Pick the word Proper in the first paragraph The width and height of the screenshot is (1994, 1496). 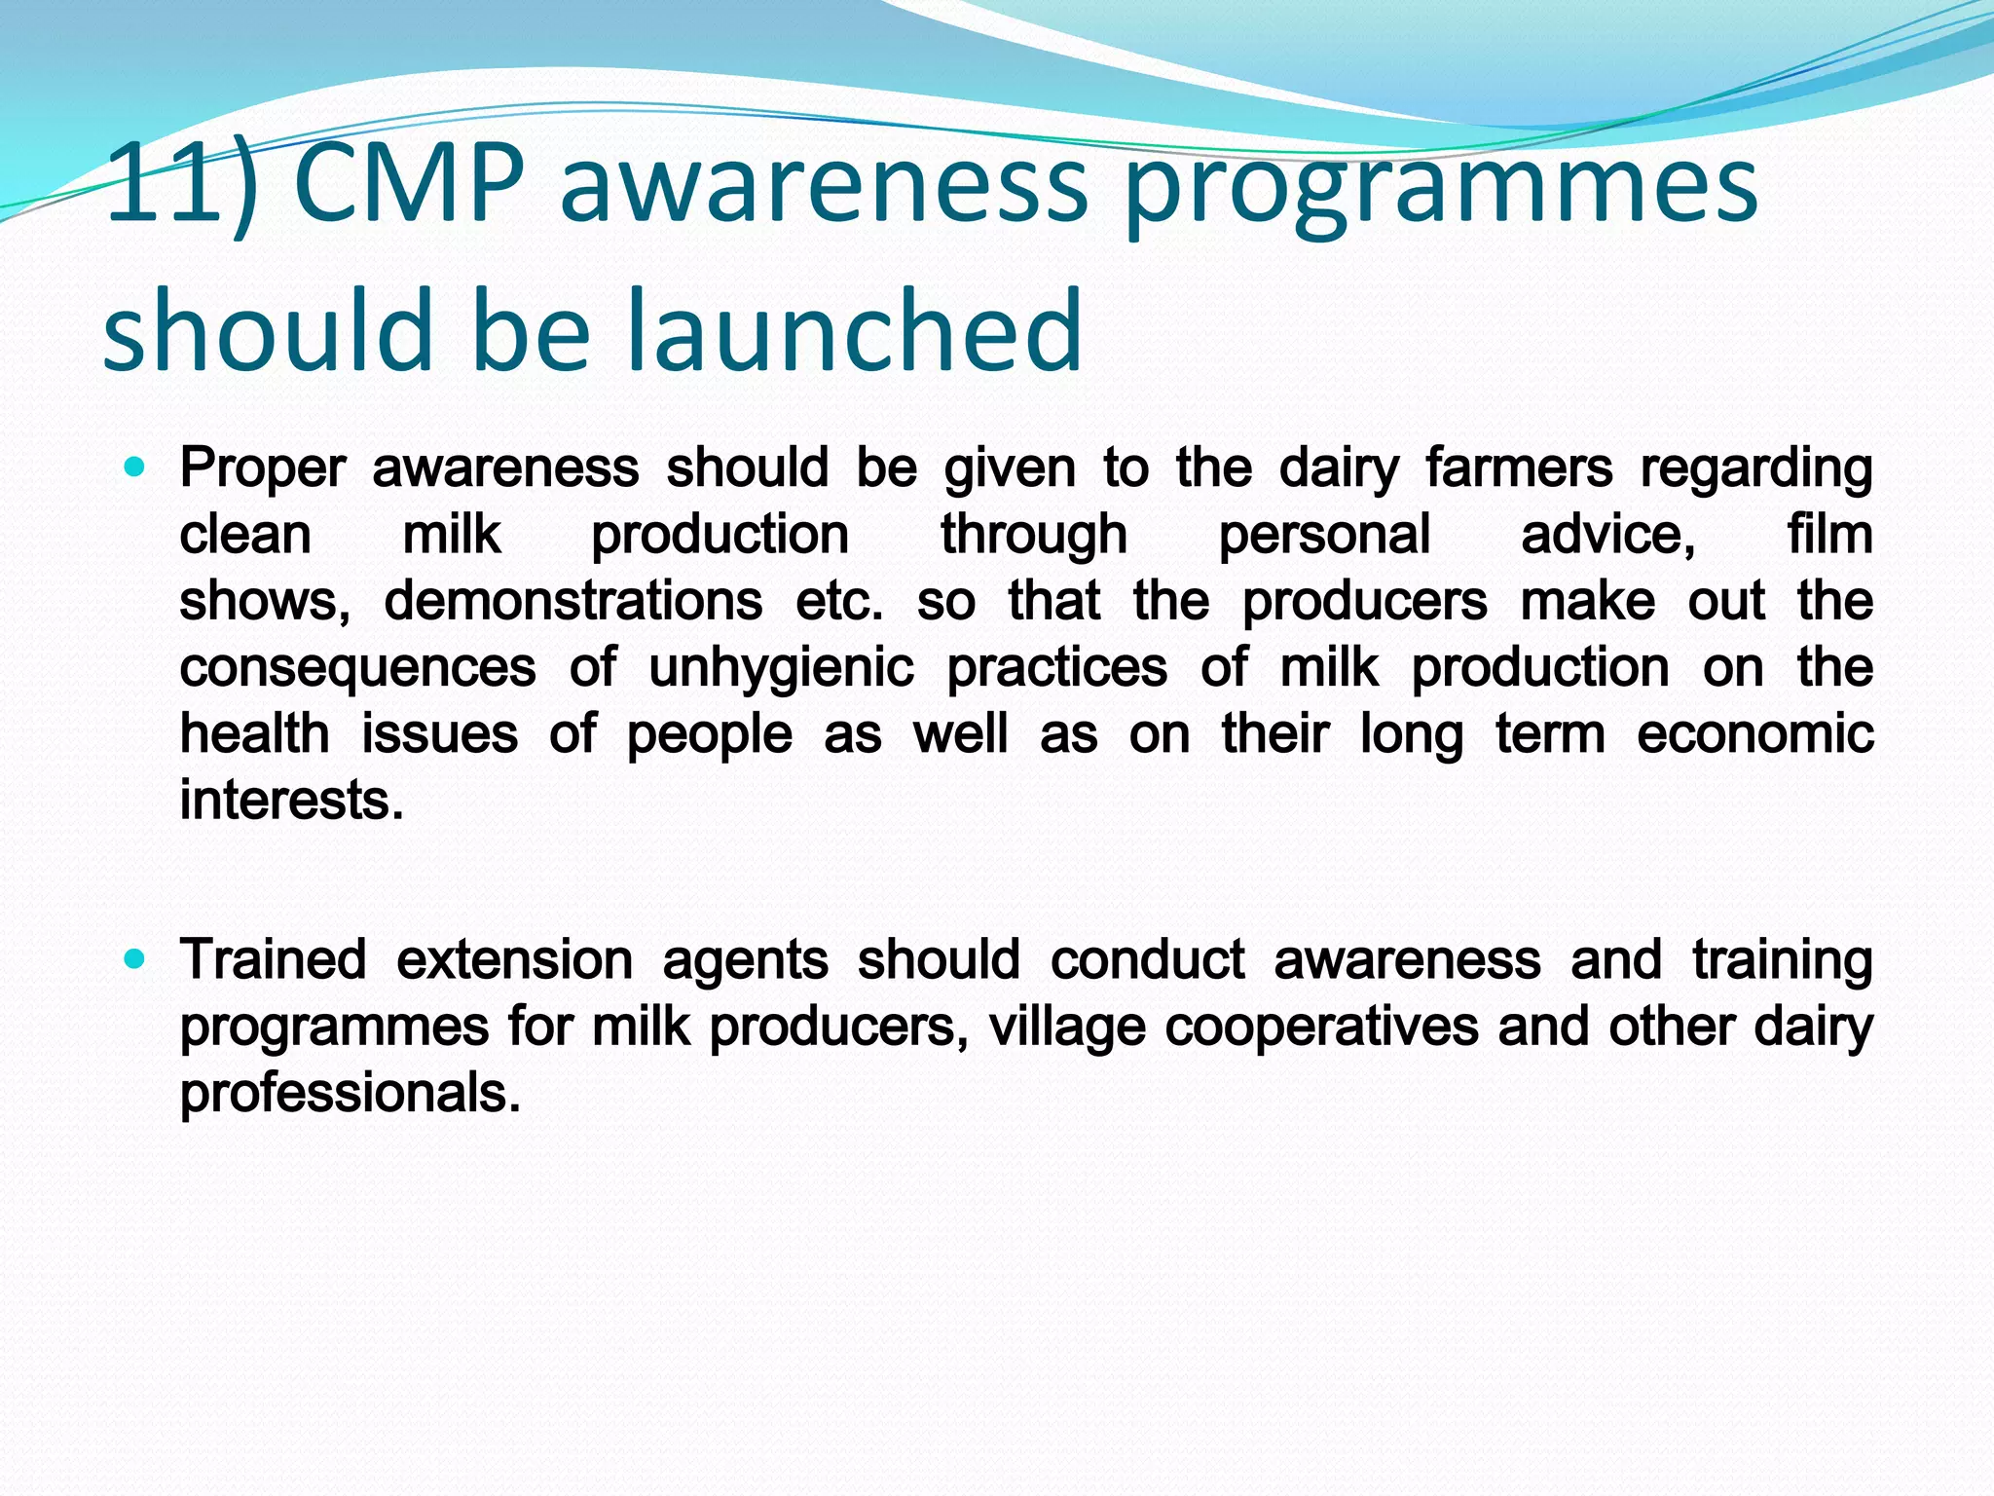click(x=263, y=468)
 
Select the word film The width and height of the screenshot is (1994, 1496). click(x=1829, y=535)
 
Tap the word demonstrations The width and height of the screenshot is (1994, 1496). click(x=572, y=601)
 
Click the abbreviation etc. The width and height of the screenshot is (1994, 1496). click(x=839, y=601)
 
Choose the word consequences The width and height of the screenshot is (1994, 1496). click(x=357, y=668)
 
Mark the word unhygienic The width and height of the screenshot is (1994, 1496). click(x=781, y=668)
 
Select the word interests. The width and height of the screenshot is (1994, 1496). click(x=291, y=801)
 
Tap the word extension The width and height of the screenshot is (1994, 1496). click(x=515, y=960)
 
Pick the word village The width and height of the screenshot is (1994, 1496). click(x=1067, y=1027)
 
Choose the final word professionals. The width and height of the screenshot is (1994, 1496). click(x=350, y=1093)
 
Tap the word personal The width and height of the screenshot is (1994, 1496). click(x=1324, y=535)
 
